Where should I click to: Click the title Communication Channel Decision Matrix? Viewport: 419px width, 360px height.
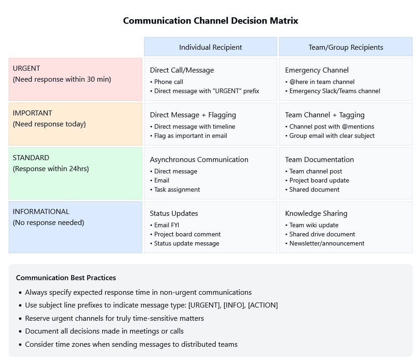(x=211, y=21)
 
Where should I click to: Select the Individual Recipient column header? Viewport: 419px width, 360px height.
(x=211, y=47)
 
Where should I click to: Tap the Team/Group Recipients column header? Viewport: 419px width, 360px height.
(x=346, y=47)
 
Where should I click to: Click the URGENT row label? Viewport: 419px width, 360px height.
(x=26, y=68)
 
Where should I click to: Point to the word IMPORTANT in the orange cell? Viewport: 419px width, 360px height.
(x=32, y=113)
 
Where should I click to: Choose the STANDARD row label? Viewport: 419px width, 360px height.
(x=31, y=157)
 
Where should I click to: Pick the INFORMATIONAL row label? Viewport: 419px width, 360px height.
(x=41, y=211)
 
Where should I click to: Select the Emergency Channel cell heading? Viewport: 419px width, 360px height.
(x=317, y=70)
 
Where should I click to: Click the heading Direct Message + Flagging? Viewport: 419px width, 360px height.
(x=193, y=115)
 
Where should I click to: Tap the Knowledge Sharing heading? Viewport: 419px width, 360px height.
(x=316, y=213)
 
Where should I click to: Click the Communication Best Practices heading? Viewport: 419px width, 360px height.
(x=66, y=277)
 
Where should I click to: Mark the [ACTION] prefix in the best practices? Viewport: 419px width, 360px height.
(x=263, y=305)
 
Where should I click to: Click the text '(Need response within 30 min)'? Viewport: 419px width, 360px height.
(x=62, y=79)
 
